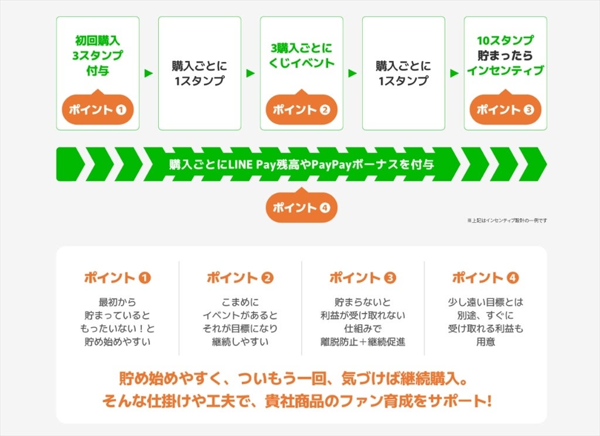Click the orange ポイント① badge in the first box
97,109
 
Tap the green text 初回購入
97,41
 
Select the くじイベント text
301,63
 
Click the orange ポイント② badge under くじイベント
301,109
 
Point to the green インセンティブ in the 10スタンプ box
505,71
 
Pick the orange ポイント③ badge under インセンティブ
505,109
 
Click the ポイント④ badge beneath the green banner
301,207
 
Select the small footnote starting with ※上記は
507,221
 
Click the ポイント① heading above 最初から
117,278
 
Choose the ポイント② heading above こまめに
240,278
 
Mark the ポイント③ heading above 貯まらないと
363,278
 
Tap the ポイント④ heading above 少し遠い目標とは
486,278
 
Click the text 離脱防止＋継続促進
363,342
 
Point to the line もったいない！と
117,329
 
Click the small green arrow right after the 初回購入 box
149,73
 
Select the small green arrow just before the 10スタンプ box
454,73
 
